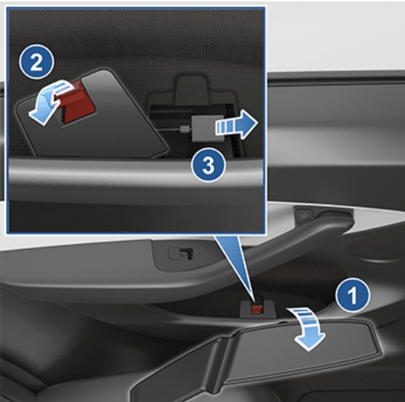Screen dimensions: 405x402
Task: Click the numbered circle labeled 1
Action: coord(353,295)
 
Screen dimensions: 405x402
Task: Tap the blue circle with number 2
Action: coord(36,62)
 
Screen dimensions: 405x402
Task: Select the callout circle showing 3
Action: coord(208,165)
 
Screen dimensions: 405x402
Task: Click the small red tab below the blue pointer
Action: coord(257,309)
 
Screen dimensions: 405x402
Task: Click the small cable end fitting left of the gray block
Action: coord(184,129)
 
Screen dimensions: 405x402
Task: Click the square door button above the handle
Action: coord(304,215)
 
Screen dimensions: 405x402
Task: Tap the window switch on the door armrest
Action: coord(181,254)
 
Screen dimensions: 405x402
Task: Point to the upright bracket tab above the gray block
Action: coord(191,89)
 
